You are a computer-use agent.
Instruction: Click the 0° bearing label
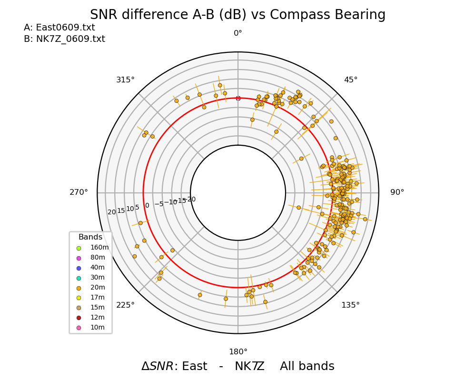(238, 33)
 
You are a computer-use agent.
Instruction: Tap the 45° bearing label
(351, 80)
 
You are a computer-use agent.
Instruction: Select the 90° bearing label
(397, 192)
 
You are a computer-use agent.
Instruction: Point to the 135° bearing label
(350, 305)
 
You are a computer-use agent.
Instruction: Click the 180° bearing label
(238, 352)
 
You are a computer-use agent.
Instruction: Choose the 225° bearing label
(125, 305)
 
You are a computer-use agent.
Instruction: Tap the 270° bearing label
(79, 192)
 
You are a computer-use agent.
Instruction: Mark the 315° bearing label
(125, 80)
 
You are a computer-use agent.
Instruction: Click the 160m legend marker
(79, 248)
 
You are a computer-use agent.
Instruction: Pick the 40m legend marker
(79, 268)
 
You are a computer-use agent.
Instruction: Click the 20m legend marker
(79, 288)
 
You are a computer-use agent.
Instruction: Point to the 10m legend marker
(79, 328)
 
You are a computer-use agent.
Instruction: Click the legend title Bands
(90, 237)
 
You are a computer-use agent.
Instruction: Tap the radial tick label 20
(111, 212)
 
